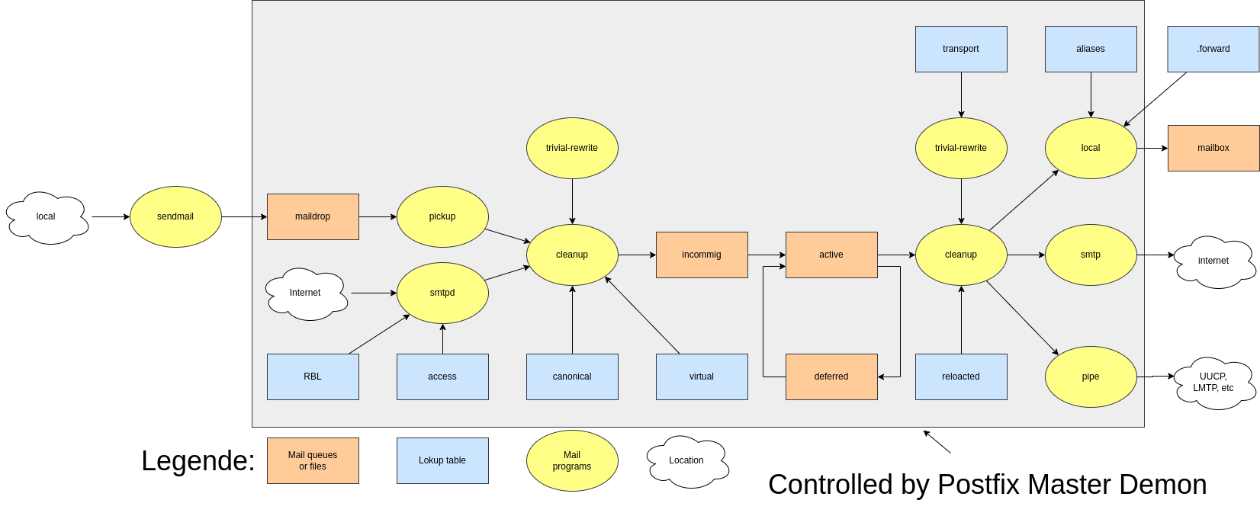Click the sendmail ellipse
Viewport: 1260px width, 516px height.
(x=175, y=216)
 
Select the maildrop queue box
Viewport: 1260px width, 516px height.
(x=313, y=216)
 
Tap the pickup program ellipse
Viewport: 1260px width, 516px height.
(x=442, y=216)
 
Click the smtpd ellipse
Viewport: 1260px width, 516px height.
(x=442, y=293)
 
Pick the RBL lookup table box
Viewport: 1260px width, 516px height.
(x=313, y=377)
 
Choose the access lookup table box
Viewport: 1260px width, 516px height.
(x=442, y=377)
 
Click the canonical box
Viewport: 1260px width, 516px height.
(x=572, y=377)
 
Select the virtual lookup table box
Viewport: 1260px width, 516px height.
(x=702, y=377)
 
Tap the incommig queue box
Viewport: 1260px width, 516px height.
(x=702, y=255)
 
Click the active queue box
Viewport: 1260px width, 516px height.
(x=831, y=255)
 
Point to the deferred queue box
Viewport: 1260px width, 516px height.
(x=831, y=377)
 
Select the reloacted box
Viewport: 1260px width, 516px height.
(x=961, y=377)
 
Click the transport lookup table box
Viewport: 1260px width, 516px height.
(x=961, y=49)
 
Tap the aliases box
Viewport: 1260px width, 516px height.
(x=1091, y=49)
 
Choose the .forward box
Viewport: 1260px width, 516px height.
(x=1213, y=49)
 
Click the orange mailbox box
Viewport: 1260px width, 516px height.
(x=1213, y=148)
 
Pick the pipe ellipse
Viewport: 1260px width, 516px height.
(x=1091, y=377)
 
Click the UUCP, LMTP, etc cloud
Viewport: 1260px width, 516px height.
(x=1213, y=383)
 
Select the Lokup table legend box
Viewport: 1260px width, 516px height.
(x=442, y=460)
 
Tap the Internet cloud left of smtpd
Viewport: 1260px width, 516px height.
(x=305, y=293)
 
